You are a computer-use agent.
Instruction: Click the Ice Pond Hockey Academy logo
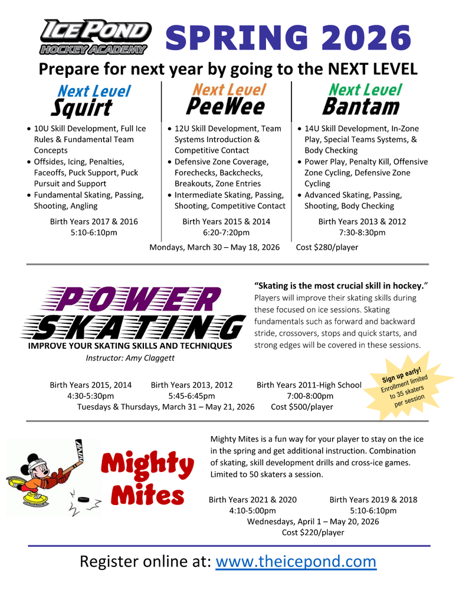pos(95,37)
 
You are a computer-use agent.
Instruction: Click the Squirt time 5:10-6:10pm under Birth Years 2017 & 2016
pos(94,232)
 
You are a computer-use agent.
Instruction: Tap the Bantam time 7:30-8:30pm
pos(362,232)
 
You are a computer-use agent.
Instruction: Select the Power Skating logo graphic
pos(133,313)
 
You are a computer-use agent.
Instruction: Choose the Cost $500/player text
pos(301,407)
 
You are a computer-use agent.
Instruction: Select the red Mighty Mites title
pos(147,479)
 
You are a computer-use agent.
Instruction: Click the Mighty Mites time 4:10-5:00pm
pos(252,510)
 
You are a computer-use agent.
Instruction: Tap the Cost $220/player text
pos(313,533)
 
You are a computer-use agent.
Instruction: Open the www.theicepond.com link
pos(296,561)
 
